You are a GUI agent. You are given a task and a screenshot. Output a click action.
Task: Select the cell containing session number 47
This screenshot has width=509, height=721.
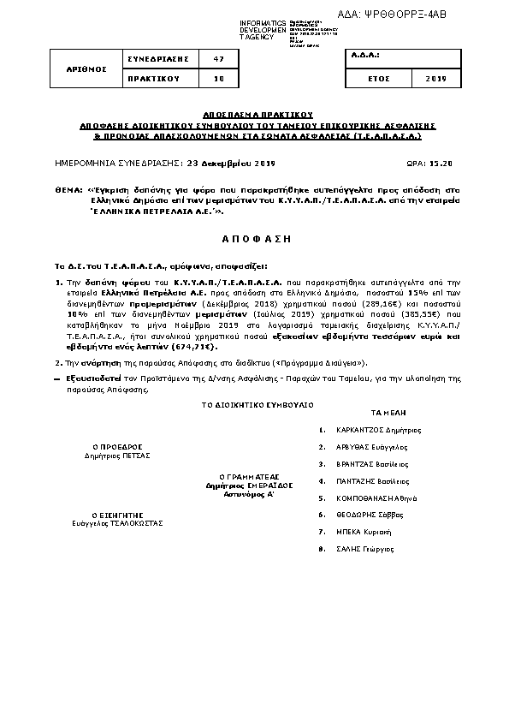pyautogui.click(x=218, y=58)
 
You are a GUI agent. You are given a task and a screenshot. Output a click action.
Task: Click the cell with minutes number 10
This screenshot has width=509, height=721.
pyautogui.click(x=218, y=78)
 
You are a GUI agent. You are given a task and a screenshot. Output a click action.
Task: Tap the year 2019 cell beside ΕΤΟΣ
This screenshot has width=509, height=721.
pyautogui.click(x=435, y=78)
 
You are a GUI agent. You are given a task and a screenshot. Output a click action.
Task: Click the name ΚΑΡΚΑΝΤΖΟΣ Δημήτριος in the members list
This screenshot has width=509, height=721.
pyautogui.click(x=378, y=430)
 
